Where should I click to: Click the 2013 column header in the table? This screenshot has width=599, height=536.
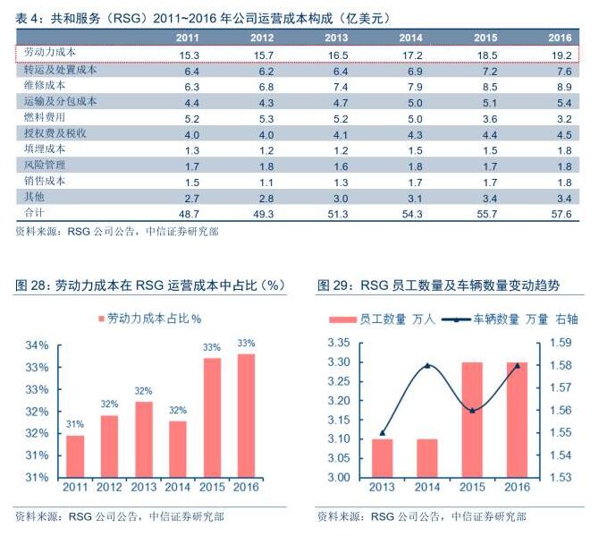pyautogui.click(x=336, y=38)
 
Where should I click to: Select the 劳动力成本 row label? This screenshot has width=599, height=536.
pyautogui.click(x=53, y=54)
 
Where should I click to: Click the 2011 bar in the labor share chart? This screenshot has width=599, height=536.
pyautogui.click(x=76, y=455)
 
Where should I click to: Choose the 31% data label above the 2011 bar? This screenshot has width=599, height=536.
pyautogui.click(x=76, y=424)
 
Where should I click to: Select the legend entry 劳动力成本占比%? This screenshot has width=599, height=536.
pyautogui.click(x=148, y=318)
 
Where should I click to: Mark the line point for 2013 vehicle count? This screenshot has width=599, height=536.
pyautogui.click(x=383, y=433)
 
